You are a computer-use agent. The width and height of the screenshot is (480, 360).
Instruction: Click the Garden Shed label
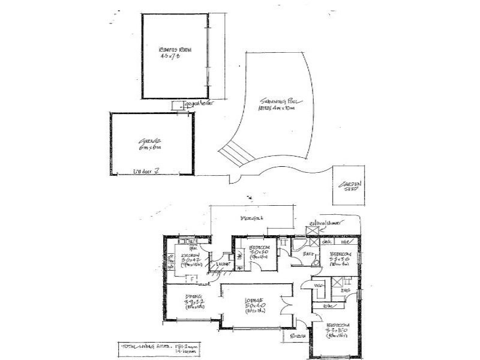click(x=347, y=187)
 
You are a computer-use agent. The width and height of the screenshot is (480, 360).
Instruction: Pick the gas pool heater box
click(x=178, y=106)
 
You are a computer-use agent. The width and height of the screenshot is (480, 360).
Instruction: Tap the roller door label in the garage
click(x=145, y=172)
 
